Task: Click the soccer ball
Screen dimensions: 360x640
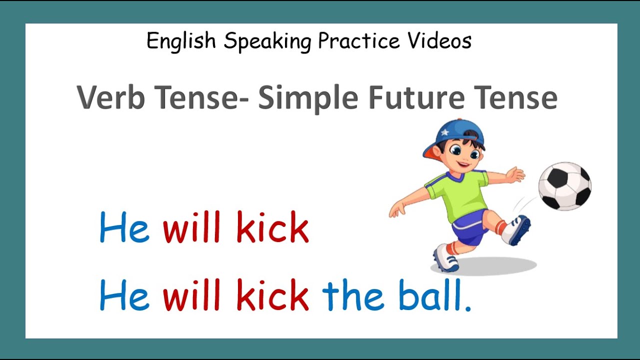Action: (x=564, y=186)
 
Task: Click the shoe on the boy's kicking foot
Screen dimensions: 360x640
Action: (x=517, y=230)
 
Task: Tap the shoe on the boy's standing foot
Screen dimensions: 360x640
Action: (x=445, y=257)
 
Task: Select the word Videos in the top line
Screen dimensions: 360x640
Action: (x=439, y=41)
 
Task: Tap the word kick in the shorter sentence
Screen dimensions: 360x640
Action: (x=272, y=227)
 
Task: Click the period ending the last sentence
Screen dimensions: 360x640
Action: (x=468, y=308)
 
